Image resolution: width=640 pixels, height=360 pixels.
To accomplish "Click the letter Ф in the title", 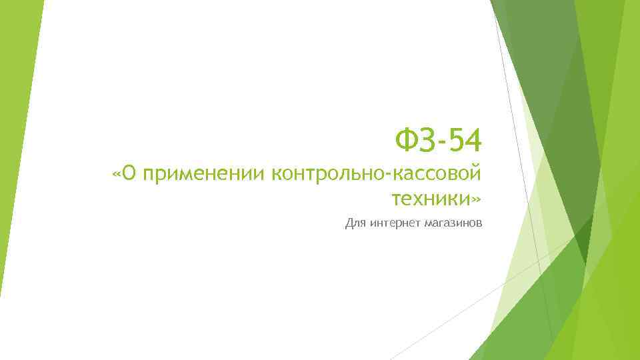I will tap(406, 140).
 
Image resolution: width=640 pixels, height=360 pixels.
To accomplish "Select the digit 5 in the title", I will tap(457, 140).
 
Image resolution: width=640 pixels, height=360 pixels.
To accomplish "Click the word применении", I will tap(203, 175).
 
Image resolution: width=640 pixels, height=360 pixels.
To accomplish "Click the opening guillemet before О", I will tap(117, 175).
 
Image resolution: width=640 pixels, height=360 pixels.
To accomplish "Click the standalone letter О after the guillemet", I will tap(130, 175).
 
